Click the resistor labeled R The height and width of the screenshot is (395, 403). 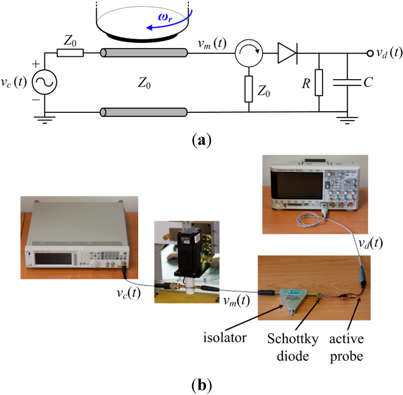pos(319,83)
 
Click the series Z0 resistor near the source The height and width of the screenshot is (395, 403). pos(70,52)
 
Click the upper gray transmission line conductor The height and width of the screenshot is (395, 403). pos(144,52)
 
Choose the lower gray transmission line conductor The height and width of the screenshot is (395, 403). pos(144,112)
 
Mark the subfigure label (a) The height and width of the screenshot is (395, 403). pos(200,140)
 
